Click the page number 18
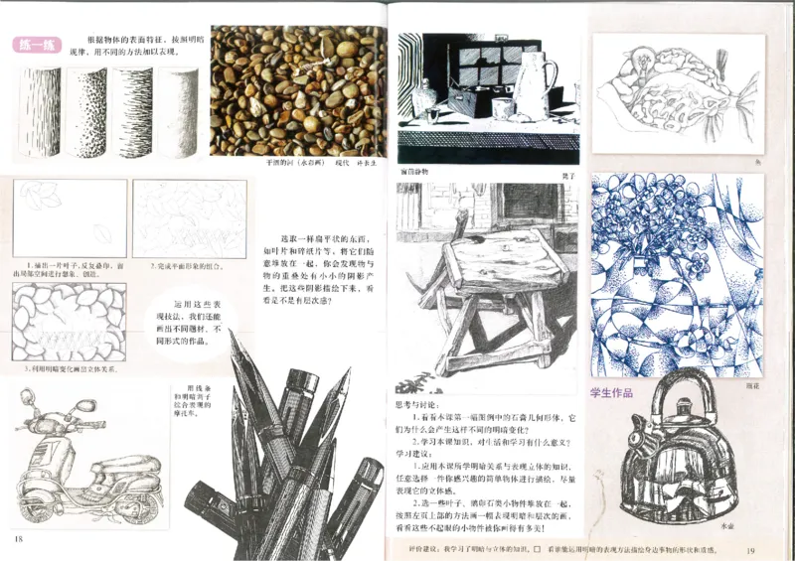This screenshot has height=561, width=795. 18,539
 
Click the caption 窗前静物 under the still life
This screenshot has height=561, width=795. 416,171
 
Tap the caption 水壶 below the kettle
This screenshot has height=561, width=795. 726,523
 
